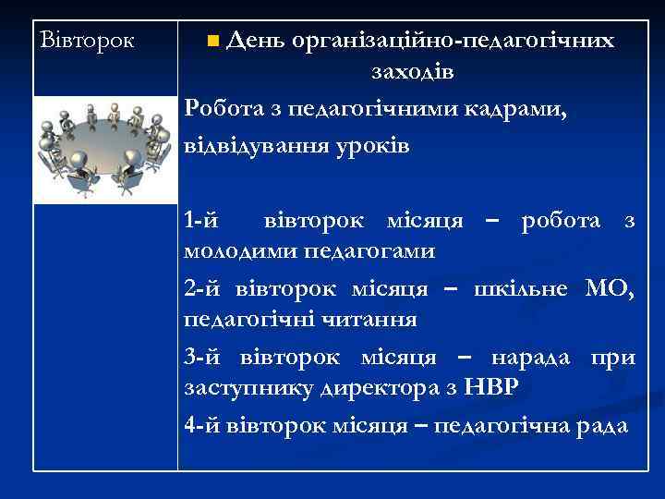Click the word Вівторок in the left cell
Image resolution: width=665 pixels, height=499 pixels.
(x=88, y=42)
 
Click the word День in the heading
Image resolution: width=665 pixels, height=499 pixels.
(x=254, y=41)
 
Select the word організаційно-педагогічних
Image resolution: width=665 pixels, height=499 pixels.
(x=452, y=42)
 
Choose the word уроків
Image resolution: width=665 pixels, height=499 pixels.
(x=376, y=145)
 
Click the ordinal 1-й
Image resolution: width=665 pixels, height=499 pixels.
(x=202, y=222)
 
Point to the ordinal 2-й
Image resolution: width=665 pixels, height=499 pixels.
(x=202, y=290)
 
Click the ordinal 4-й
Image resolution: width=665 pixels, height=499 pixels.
(x=202, y=426)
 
